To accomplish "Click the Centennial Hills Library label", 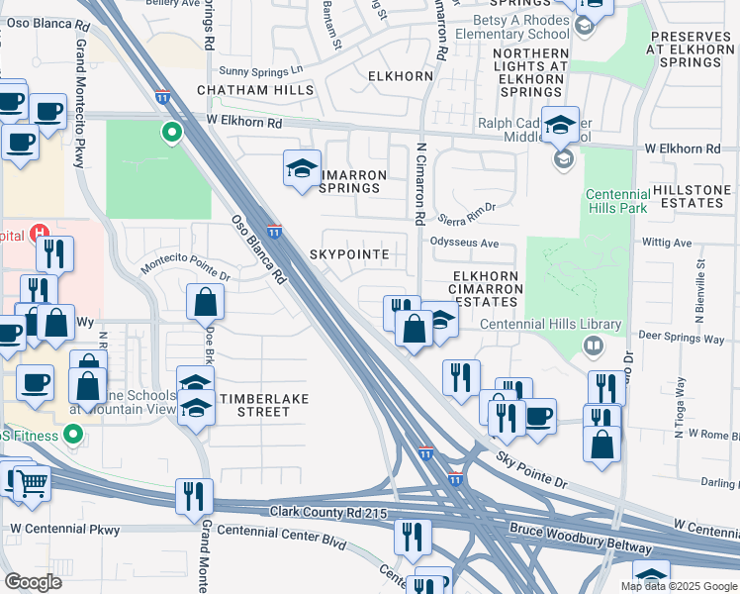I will [550, 324].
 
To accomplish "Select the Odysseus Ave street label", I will [464, 243].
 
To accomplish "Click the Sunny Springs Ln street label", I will [261, 70].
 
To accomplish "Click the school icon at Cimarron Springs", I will [302, 169].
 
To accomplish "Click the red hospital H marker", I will [40, 235].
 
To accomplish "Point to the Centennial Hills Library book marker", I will [594, 346].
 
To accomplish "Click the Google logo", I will [35, 582].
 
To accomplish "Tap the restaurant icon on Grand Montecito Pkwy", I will [193, 496].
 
